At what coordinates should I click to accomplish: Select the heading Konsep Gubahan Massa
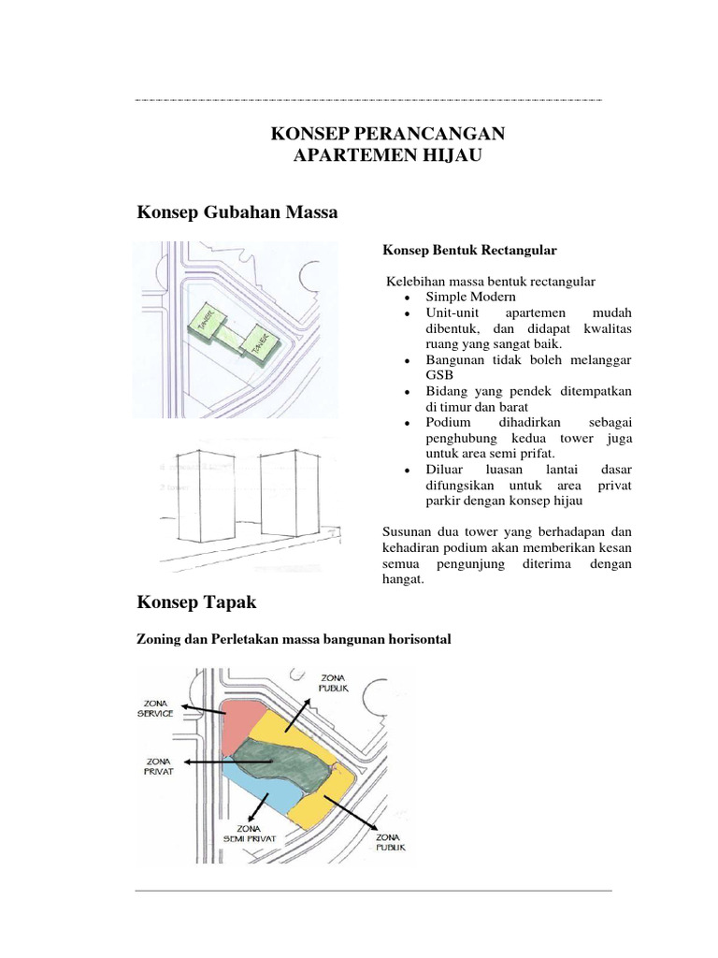pyautogui.click(x=237, y=213)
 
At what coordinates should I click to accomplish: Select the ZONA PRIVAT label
pyautogui.click(x=161, y=767)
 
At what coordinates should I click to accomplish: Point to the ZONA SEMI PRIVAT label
pyautogui.click(x=247, y=834)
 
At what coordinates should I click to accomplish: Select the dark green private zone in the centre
pyautogui.click(x=280, y=761)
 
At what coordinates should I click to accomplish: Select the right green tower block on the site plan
pyautogui.click(x=258, y=341)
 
